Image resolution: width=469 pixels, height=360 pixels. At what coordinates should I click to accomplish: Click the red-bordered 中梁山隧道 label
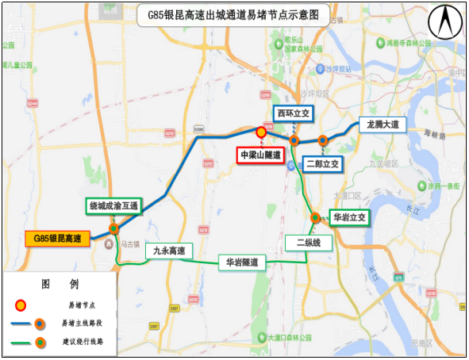point(261,155)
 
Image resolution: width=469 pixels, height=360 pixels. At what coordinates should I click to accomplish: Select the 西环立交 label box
point(294,113)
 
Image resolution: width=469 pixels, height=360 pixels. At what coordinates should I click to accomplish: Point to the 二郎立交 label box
point(323,164)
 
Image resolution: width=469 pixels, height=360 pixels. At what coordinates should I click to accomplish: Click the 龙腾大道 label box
point(382,125)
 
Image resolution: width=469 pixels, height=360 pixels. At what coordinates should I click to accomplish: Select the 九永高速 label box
point(169,251)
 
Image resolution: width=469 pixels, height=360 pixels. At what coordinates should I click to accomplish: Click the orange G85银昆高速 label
point(58,238)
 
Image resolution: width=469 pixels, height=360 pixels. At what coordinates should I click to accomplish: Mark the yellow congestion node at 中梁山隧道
point(261,132)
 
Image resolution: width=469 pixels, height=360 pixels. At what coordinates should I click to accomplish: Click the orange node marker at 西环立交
point(294,140)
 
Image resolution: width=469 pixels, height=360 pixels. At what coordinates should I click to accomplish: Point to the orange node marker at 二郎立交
point(323,140)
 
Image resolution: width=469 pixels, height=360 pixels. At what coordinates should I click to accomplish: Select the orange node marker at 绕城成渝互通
point(114,228)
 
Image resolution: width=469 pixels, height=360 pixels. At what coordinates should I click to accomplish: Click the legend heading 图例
point(60,284)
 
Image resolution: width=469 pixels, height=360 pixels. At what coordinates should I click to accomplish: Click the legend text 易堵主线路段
point(85,323)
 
